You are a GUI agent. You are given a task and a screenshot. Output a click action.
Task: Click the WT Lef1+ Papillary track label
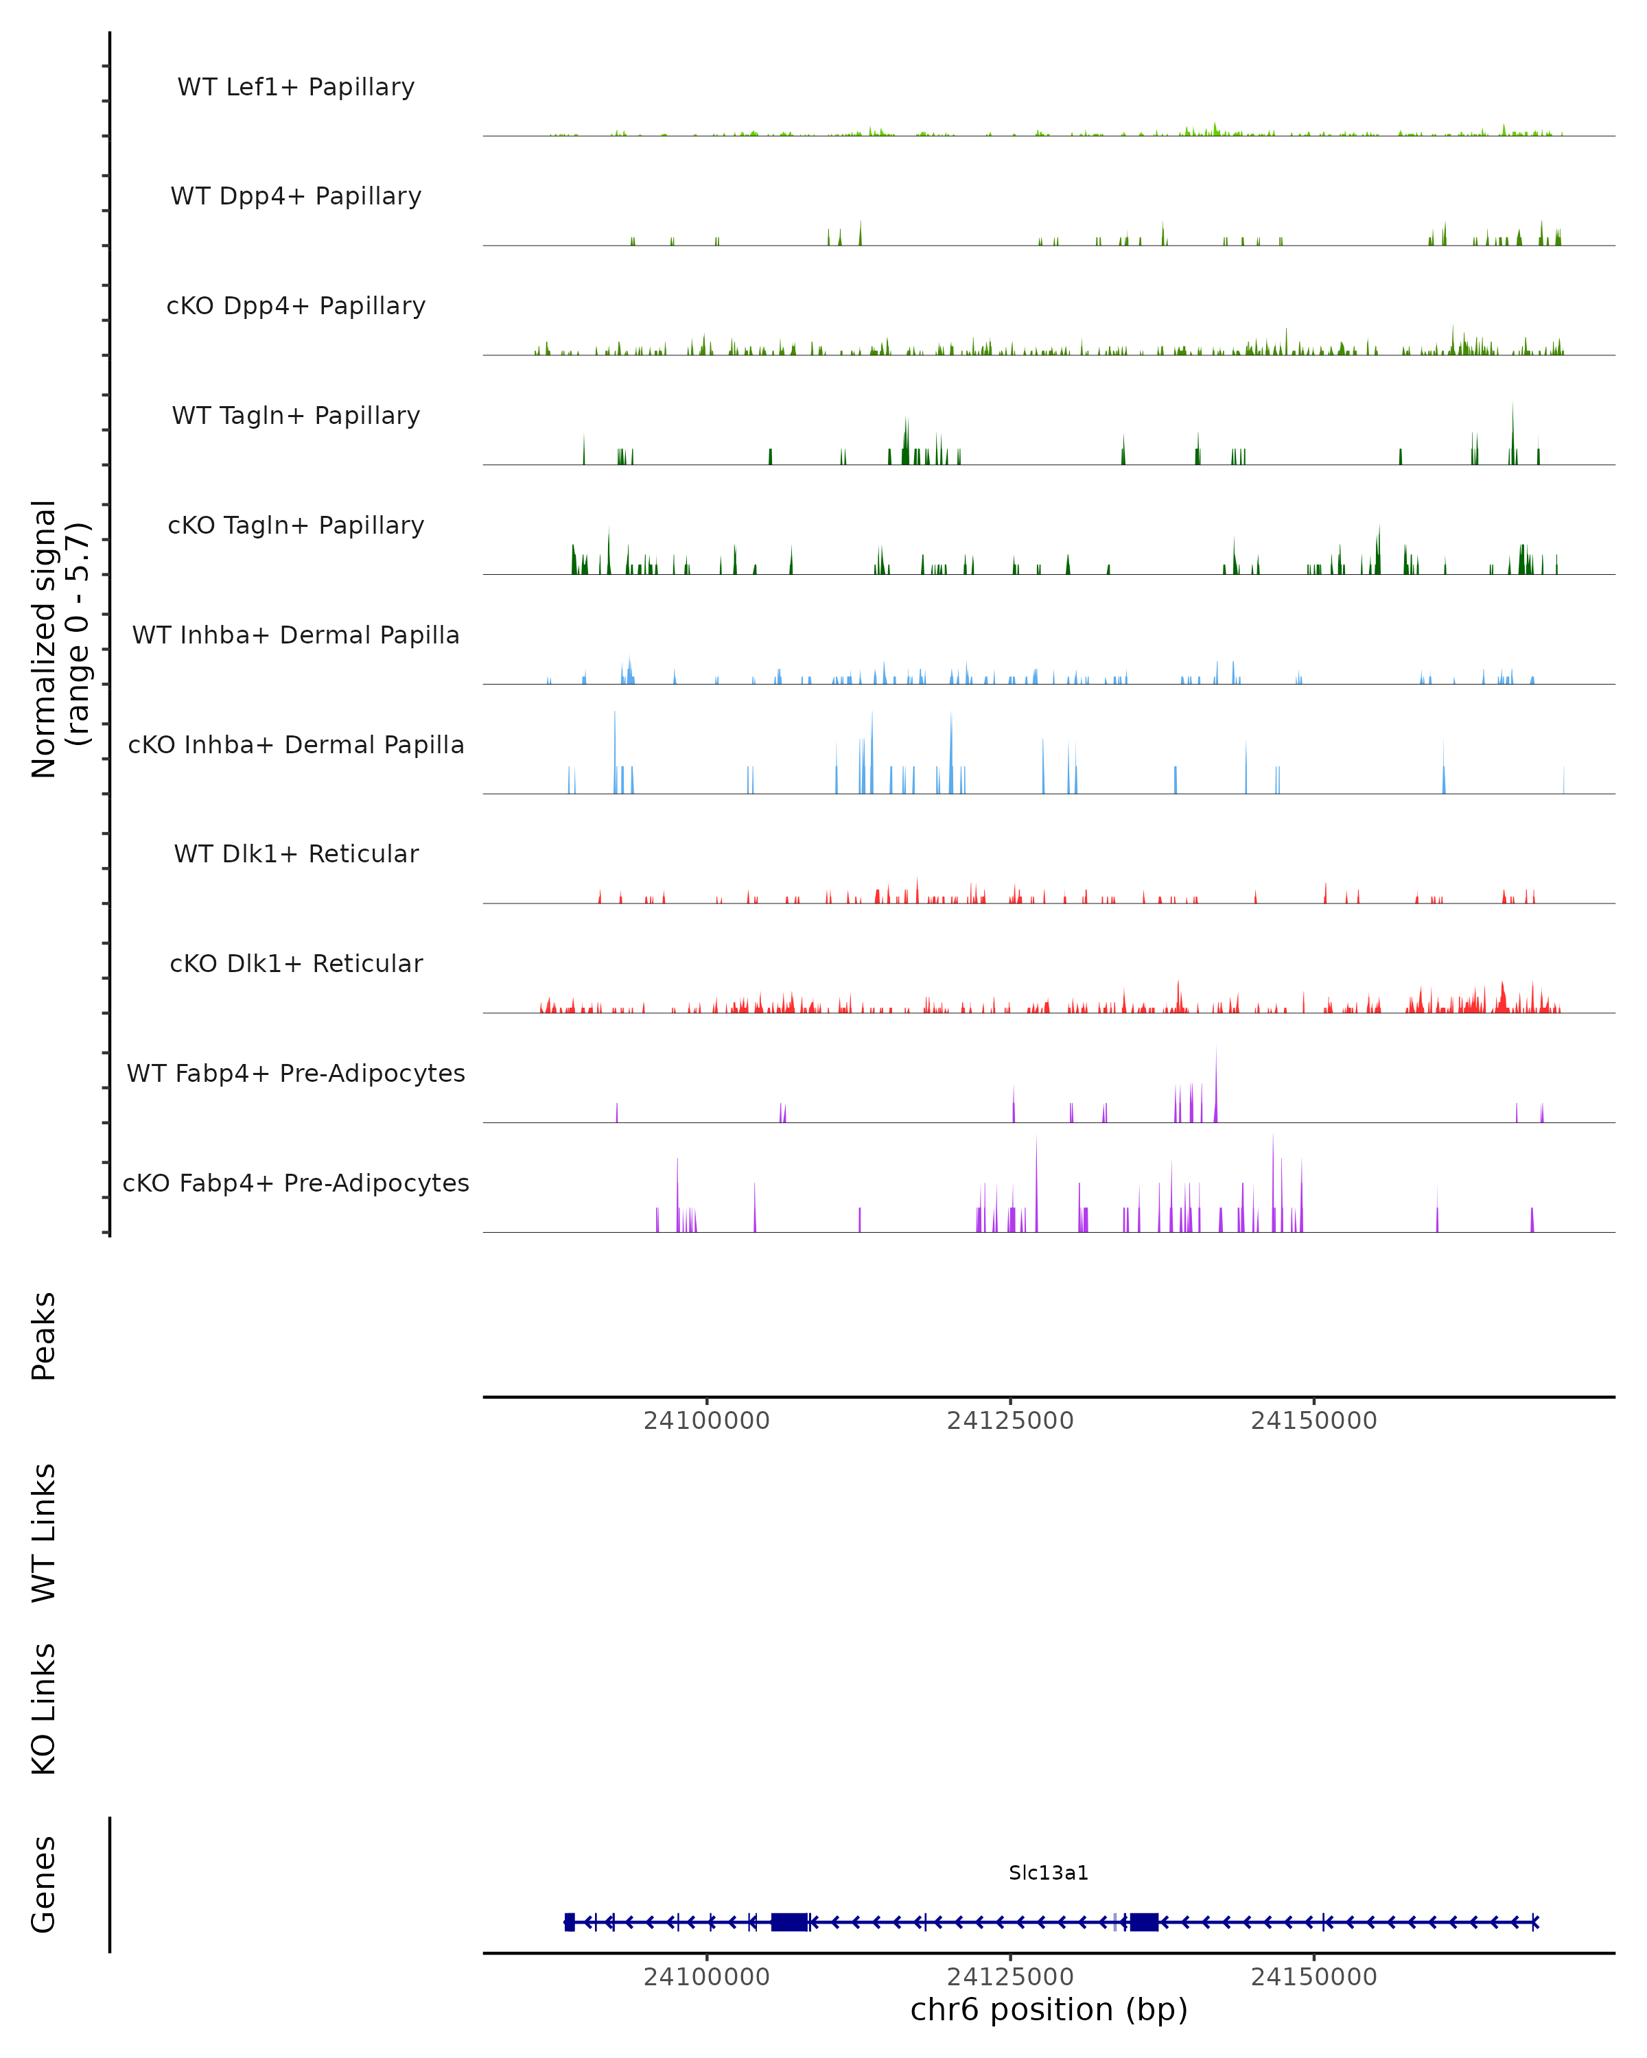click(x=296, y=87)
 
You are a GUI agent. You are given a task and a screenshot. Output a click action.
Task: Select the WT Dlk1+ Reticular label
click(x=296, y=853)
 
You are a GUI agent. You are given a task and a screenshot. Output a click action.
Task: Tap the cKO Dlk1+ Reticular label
click(x=296, y=963)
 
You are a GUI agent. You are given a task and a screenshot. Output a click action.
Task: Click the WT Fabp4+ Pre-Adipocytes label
click(x=296, y=1073)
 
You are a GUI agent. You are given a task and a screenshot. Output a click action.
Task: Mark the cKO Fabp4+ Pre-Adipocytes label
click(x=296, y=1183)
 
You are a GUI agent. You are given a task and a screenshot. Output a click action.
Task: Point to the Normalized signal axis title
click(x=59, y=639)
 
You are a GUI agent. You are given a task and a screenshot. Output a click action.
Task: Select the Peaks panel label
click(x=44, y=1336)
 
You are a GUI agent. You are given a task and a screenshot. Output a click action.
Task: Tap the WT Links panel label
click(x=44, y=1532)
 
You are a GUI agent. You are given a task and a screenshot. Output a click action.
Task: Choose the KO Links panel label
click(x=44, y=1709)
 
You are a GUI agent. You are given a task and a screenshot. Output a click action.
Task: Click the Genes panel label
click(x=44, y=1884)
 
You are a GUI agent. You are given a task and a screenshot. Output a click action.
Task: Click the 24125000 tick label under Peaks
click(x=1010, y=1421)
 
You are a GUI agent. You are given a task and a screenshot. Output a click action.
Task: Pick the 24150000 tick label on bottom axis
click(x=1313, y=1977)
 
